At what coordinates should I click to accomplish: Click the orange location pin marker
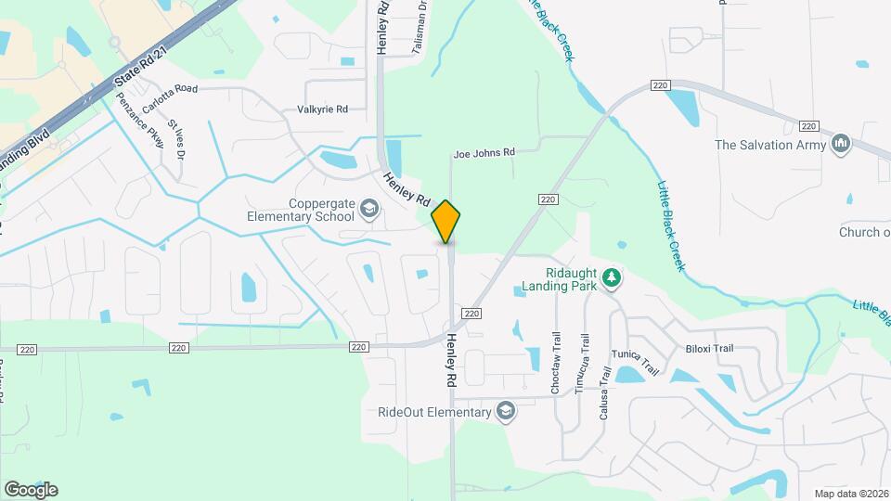tap(445, 221)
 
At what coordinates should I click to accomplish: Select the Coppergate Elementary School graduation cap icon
tap(370, 210)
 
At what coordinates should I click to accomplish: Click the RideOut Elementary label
tap(433, 412)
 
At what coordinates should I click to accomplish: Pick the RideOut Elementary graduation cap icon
tap(505, 412)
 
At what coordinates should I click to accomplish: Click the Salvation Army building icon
tap(842, 144)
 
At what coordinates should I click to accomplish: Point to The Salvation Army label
tap(770, 144)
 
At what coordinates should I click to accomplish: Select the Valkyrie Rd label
tap(322, 109)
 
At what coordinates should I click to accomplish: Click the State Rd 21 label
tap(133, 70)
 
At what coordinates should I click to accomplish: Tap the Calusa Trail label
tap(604, 392)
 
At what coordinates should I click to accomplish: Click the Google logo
tap(31, 489)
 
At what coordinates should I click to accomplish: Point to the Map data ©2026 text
tap(849, 494)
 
